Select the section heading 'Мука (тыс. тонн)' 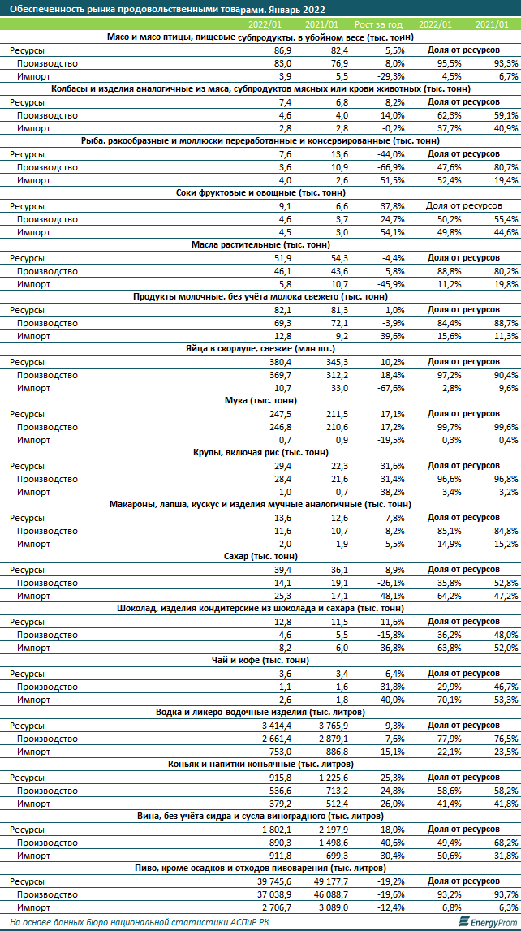tap(260, 400)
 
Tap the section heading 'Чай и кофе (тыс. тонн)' tap(260, 660)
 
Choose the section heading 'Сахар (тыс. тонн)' tap(260, 556)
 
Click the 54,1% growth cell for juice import tap(401, 231)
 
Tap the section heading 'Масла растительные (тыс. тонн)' tap(260, 244)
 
